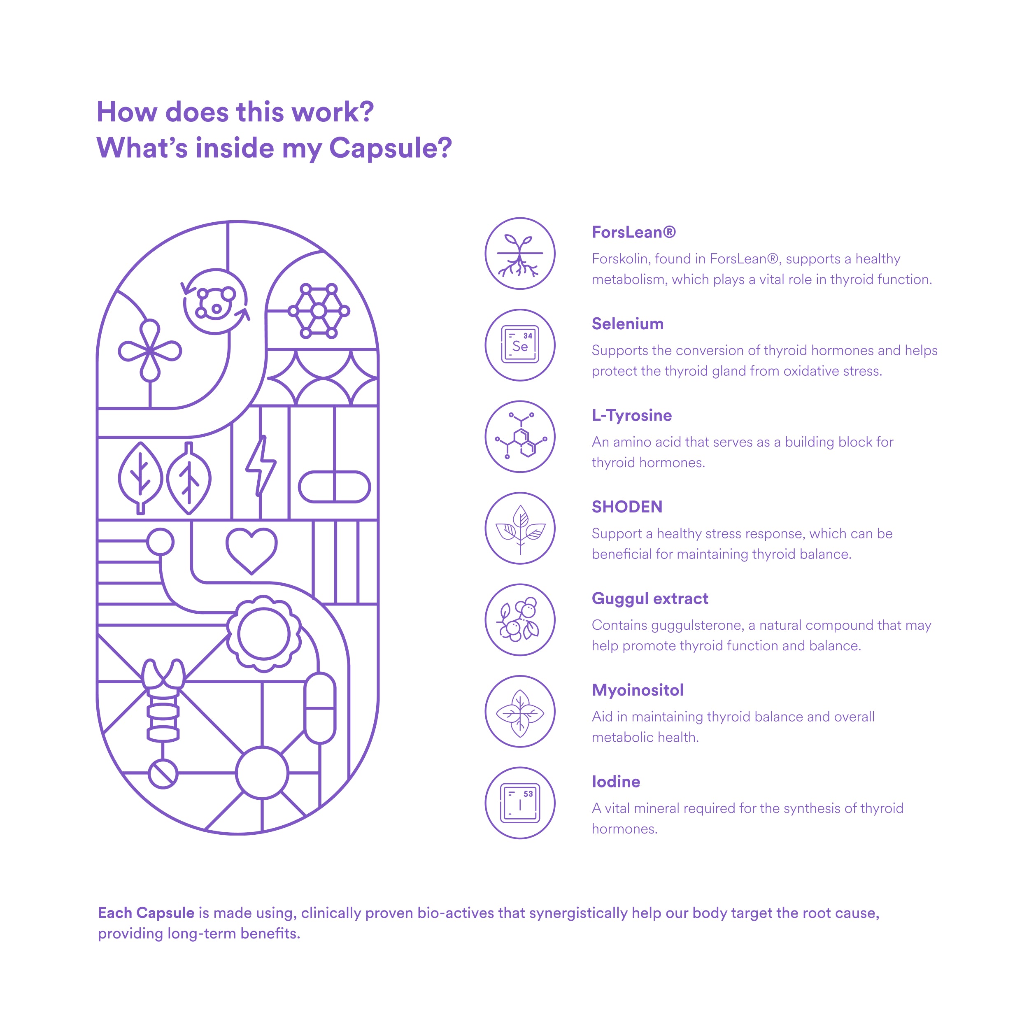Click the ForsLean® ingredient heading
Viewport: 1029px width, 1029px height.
(633, 232)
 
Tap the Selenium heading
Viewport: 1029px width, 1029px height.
(627, 324)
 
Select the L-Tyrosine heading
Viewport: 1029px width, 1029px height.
(632, 415)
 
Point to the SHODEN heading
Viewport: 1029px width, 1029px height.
(627, 507)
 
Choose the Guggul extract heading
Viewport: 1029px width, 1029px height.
(650, 598)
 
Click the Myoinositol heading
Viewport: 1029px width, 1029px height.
(638, 690)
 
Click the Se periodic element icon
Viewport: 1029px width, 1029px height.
(520, 345)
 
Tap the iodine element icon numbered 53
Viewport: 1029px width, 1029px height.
(520, 803)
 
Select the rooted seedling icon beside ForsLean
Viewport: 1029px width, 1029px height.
(520, 254)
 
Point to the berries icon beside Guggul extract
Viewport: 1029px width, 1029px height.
(520, 619)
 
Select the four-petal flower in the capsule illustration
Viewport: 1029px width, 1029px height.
(150, 350)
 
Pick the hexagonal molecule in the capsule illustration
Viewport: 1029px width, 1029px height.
(319, 310)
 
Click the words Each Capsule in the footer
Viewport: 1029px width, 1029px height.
(146, 913)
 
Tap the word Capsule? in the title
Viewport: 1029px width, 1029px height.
(390, 148)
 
